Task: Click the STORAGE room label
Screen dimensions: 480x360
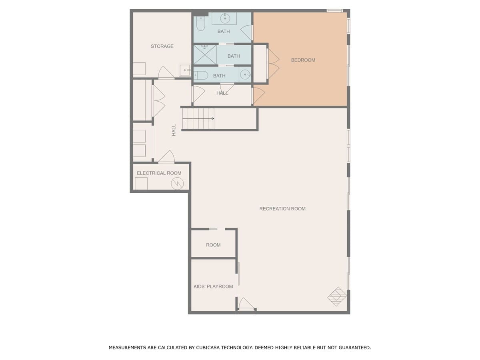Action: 162,46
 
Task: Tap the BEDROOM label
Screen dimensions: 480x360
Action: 303,60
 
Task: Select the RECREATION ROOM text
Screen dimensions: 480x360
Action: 282,208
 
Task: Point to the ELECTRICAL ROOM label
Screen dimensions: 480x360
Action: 159,173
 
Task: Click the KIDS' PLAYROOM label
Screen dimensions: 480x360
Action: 213,286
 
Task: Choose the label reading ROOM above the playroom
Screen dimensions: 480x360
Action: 213,245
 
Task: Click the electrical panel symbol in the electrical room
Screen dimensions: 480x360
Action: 177,183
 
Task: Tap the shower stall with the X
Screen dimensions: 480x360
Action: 205,55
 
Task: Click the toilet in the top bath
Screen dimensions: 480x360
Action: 200,24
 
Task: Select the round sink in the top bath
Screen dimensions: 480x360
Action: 224,18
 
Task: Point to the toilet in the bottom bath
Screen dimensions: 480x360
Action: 201,75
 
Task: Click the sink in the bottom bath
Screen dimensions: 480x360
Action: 245,74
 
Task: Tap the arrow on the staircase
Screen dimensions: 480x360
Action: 198,118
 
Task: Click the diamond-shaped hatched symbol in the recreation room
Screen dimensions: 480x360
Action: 336,296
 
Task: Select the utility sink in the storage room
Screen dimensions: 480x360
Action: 185,70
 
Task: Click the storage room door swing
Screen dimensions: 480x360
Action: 166,72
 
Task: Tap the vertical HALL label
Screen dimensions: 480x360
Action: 174,130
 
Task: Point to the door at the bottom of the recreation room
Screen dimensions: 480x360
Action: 246,304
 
